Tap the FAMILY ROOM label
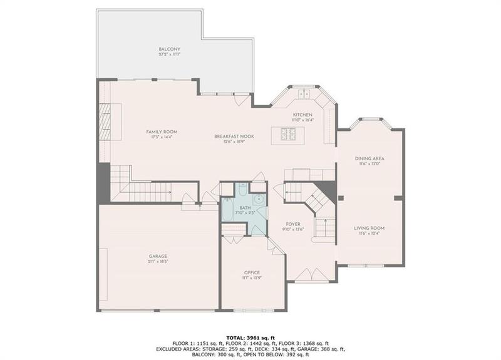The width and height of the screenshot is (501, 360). coord(162,131)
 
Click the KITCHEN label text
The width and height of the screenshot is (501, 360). coord(302,115)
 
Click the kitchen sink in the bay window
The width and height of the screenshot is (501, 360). coord(305,94)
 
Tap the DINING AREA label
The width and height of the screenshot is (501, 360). coord(369,159)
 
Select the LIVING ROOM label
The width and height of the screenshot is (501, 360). coord(369,228)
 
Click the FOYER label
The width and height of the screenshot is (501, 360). coord(293,224)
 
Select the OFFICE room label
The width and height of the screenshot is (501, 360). coord(252,272)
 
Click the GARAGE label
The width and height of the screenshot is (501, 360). coord(157,255)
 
